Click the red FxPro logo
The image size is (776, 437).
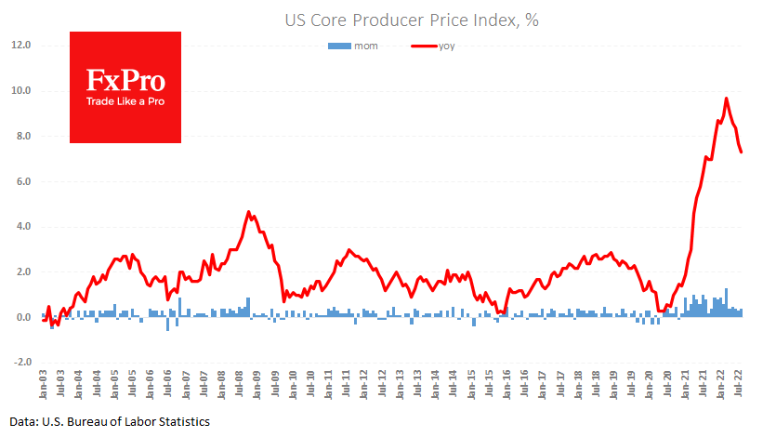125,87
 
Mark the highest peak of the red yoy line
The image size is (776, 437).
727,99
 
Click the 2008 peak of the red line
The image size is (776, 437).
249,212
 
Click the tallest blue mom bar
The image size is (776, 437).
726,302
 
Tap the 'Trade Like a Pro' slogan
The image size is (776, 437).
125,100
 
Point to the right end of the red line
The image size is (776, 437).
742,152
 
